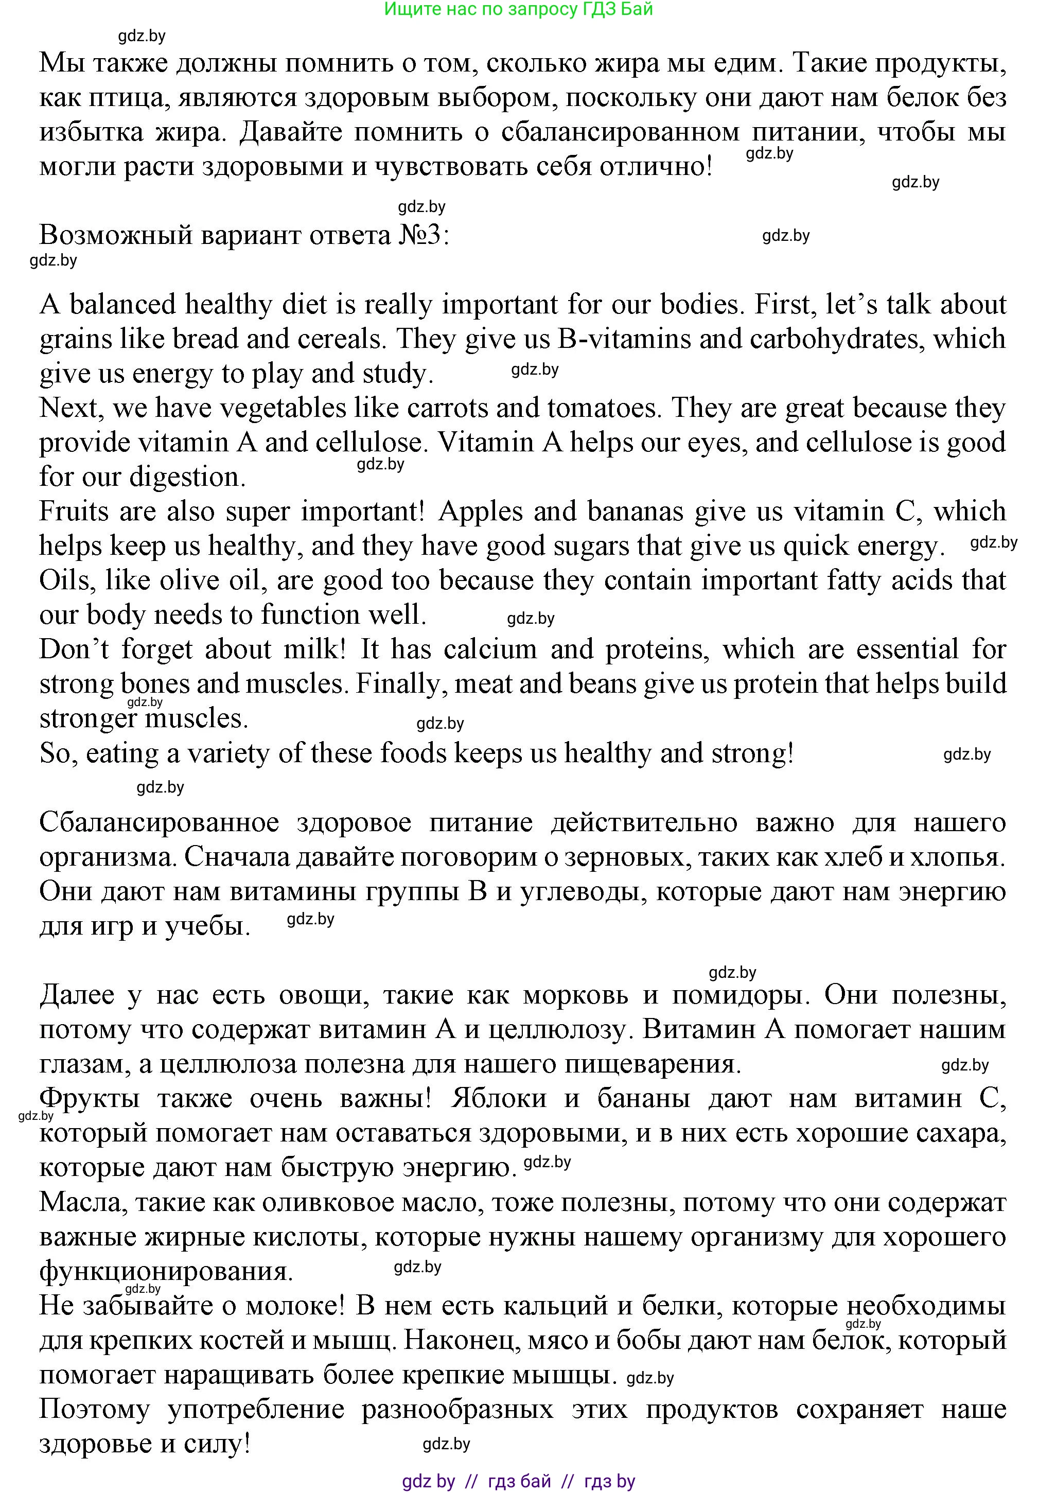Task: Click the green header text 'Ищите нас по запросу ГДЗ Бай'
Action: pyautogui.click(x=518, y=9)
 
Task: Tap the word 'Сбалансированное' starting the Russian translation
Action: pyautogui.click(x=160, y=822)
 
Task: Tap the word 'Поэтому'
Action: pyautogui.click(x=94, y=1409)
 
